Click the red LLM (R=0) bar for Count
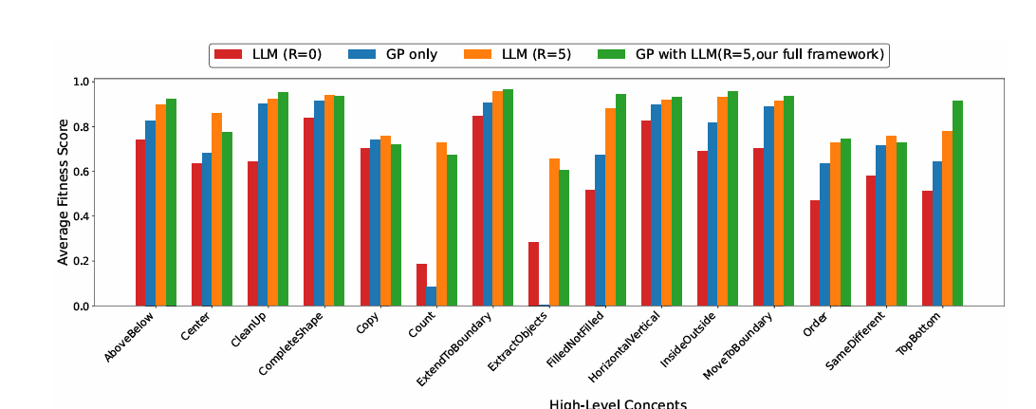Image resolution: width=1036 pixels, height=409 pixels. point(421,285)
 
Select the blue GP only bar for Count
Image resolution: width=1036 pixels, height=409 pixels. point(432,296)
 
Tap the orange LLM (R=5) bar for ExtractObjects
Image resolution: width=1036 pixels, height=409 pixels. point(554,232)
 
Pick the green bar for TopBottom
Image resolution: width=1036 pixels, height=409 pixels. point(958,203)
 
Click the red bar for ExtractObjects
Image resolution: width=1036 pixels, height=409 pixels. point(533,274)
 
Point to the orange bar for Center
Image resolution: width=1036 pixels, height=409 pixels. point(217,210)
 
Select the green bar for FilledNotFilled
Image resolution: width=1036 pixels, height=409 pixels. point(620,200)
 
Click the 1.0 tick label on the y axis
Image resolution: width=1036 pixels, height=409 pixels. point(82,83)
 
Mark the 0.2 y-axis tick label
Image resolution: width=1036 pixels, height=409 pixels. point(82,262)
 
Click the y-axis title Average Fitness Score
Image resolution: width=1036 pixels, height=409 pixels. point(63,194)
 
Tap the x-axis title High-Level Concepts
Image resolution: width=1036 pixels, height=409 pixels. point(618,403)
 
